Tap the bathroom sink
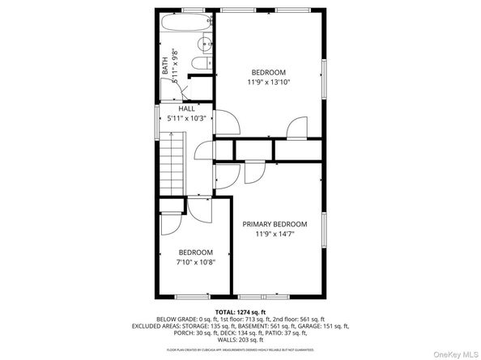tap(205, 42)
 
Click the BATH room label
tap(165, 64)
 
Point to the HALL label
tap(186, 108)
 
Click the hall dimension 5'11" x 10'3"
tap(186, 118)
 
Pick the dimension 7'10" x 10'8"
tap(196, 261)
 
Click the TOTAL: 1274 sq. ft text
tap(240, 311)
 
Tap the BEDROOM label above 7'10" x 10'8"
tap(196, 252)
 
